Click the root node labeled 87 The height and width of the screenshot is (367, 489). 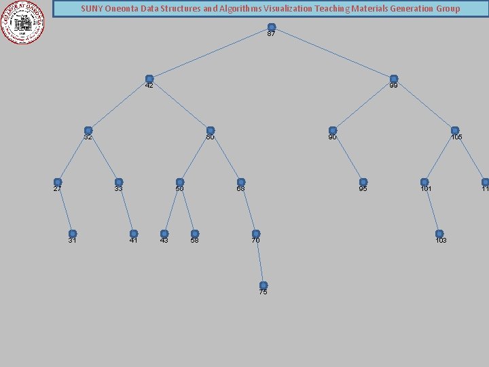click(272, 27)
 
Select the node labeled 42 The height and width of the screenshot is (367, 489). click(149, 79)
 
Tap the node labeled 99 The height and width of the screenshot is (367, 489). click(394, 79)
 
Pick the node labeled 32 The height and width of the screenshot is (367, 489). click(88, 130)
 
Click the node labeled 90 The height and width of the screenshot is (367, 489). click(333, 130)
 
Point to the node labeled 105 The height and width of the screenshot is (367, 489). click(455, 130)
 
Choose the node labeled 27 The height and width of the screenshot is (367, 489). click(58, 182)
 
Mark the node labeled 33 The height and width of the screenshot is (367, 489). click(119, 182)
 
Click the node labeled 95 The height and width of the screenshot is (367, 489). click(363, 182)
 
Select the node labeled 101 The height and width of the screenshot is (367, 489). click(424, 182)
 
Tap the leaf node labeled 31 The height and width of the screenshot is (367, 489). click(73, 234)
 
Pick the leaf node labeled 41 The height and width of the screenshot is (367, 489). click(134, 234)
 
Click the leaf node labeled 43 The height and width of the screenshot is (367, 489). click(164, 234)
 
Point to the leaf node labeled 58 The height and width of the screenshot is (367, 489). click(195, 234)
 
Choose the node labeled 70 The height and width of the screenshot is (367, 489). click(256, 234)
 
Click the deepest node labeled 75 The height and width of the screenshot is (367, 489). click(264, 285)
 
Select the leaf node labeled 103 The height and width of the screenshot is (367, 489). click(439, 234)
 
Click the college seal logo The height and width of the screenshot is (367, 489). click(24, 22)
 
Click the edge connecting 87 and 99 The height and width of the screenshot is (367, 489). click(333, 53)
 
